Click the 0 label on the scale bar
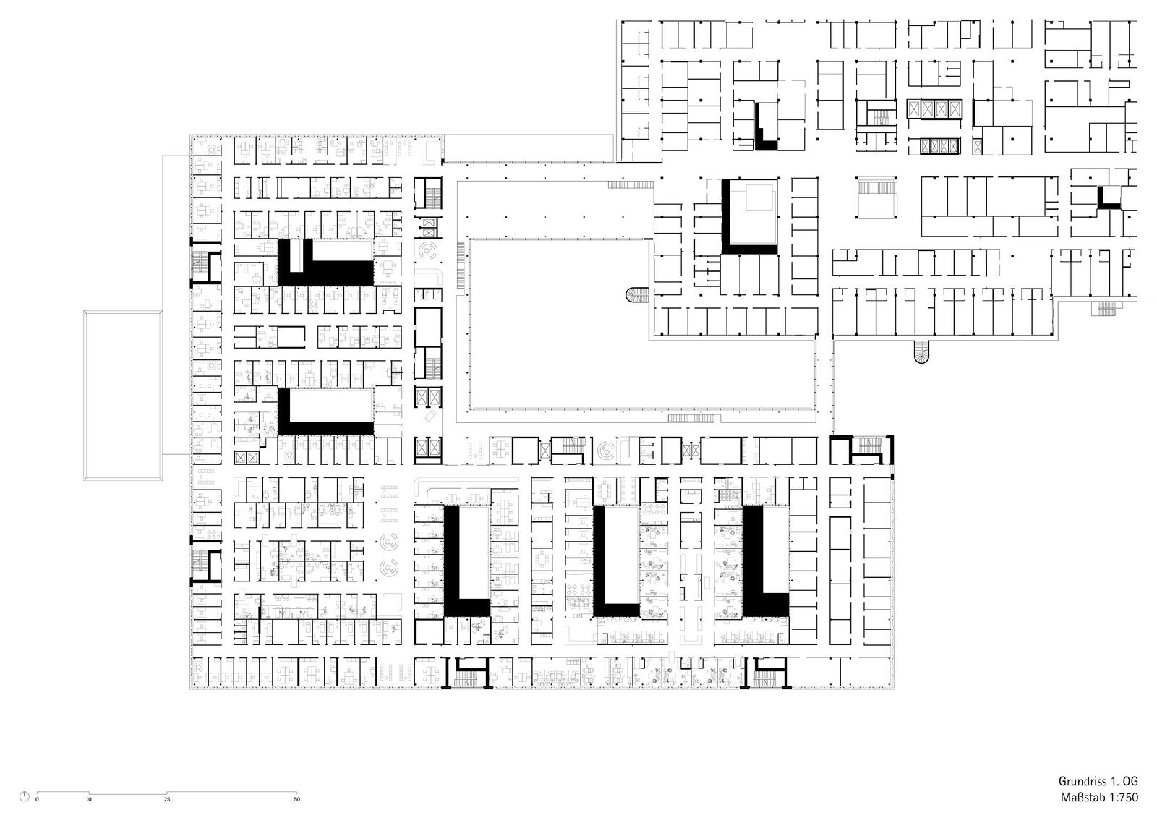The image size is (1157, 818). click(x=37, y=799)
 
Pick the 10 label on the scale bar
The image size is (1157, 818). click(x=89, y=799)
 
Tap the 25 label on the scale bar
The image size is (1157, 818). click(x=167, y=799)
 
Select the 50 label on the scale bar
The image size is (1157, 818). click(x=297, y=799)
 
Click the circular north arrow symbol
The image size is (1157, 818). click(x=25, y=796)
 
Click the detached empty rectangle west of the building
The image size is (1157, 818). click(x=123, y=396)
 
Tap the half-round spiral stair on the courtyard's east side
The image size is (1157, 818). click(x=637, y=296)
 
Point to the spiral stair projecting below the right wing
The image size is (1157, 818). click(x=921, y=352)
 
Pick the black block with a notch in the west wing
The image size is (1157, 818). click(x=326, y=263)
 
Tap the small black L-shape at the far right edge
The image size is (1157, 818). click(x=1109, y=198)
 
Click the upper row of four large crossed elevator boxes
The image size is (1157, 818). click(x=935, y=109)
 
